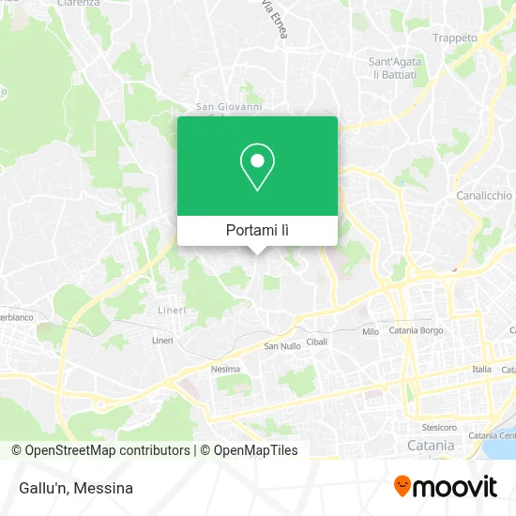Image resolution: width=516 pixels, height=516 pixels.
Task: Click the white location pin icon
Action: coord(257,167)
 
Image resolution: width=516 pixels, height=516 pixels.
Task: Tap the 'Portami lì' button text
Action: coord(258,230)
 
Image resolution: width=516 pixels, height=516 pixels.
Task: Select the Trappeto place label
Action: coord(455,38)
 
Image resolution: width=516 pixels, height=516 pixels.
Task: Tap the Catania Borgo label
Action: coord(416,331)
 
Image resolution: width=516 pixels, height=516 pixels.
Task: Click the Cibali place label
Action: coord(317,341)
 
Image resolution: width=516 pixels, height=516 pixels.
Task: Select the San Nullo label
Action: coord(281,346)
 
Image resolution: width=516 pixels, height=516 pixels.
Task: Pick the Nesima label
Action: coord(225,369)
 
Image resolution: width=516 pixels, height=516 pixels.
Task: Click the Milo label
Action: coord(371,331)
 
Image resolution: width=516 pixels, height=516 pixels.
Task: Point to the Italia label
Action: coord(481,369)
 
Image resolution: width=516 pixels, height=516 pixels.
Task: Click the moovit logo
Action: coord(445,486)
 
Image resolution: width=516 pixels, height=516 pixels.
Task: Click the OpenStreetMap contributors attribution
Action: coord(101,450)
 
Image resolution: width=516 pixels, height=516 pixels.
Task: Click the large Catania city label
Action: coord(431,445)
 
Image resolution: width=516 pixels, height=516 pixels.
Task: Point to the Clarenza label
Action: coord(79,4)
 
